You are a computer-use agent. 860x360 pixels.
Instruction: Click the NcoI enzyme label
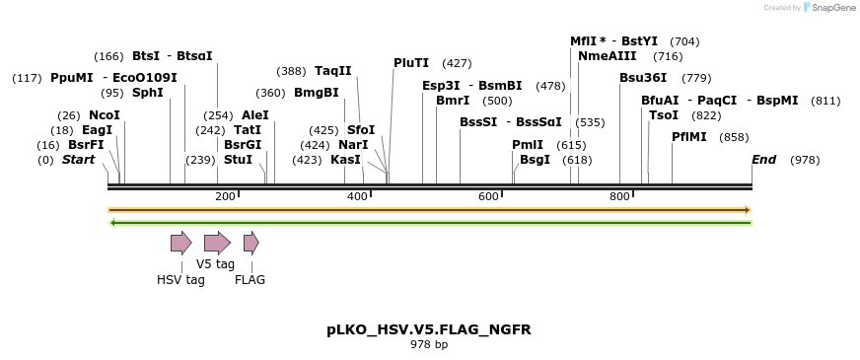coord(104,115)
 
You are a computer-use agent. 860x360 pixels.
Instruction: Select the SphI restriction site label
coord(147,93)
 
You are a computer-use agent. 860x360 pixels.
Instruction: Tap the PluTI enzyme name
coord(410,63)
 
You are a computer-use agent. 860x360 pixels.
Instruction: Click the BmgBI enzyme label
coord(316,93)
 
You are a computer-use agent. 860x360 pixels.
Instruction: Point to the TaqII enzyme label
coord(332,71)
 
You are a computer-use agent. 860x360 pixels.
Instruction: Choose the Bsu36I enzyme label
coord(643,78)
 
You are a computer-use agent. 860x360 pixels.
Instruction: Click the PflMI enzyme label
coord(688,137)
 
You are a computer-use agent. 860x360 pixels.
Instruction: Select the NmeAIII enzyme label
coord(602,56)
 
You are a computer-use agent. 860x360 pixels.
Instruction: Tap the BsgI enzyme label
coord(535,159)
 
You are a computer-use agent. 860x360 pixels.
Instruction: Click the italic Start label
coord(79,159)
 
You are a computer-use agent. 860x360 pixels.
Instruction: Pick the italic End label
coord(763,159)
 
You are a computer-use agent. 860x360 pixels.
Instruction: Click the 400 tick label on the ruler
coord(357,196)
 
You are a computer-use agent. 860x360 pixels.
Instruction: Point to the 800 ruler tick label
coord(619,196)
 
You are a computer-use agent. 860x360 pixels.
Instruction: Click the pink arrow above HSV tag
coord(180,243)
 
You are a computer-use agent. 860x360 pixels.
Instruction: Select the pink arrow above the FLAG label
coord(251,243)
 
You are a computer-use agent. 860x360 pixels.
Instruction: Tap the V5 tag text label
coord(215,264)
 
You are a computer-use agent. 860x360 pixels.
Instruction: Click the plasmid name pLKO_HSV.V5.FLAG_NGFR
coord(429,329)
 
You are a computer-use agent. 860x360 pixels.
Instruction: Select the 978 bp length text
coord(429,345)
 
